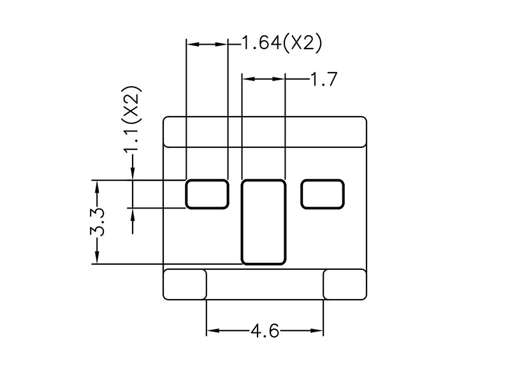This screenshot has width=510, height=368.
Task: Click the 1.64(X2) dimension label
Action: click(282, 43)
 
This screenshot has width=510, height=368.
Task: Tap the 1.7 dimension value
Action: click(324, 79)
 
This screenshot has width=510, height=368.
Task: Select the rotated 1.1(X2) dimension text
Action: click(132, 119)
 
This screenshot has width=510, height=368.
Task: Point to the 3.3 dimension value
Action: click(97, 221)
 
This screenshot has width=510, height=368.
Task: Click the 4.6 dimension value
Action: click(265, 331)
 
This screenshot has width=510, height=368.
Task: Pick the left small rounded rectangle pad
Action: click(207, 194)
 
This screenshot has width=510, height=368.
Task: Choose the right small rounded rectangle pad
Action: click(323, 194)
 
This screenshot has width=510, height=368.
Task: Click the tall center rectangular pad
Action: click(263, 222)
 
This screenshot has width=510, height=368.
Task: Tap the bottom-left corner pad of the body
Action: click(184, 284)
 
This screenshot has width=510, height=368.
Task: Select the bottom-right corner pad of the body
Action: click(345, 284)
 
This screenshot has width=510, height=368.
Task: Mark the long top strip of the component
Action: click(265, 132)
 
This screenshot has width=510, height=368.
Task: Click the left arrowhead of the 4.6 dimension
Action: click(212, 331)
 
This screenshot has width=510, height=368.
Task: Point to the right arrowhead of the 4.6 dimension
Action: click(317, 331)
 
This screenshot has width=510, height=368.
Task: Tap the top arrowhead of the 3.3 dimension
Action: click(97, 186)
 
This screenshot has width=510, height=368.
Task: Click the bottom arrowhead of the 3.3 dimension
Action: click(97, 258)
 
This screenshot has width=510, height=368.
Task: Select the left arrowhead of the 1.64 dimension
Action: click(193, 43)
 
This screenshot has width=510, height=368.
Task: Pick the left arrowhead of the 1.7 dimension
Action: click(249, 78)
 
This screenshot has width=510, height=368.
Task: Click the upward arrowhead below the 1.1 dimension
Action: click(133, 214)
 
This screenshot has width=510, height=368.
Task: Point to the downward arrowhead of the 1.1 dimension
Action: click(133, 173)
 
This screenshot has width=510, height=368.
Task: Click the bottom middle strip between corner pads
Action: click(265, 284)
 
